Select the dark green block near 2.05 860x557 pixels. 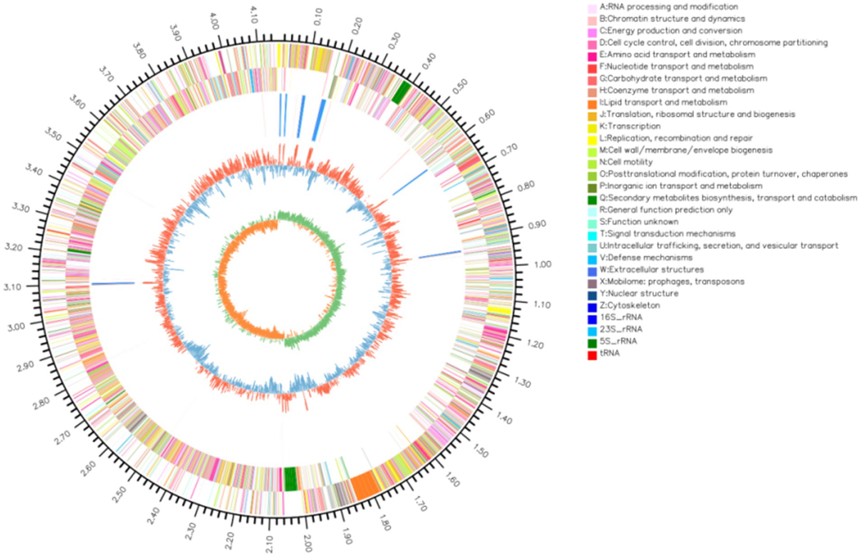coord(290,479)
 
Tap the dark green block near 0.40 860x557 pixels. coord(401,92)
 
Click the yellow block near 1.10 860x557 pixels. coord(499,311)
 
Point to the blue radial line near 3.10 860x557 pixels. coord(113,284)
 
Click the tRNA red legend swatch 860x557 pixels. coord(592,353)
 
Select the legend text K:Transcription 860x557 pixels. coord(630,126)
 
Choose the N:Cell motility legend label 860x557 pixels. coord(626,162)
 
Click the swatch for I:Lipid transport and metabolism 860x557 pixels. coord(592,103)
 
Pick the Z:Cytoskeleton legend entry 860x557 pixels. coord(629,305)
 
